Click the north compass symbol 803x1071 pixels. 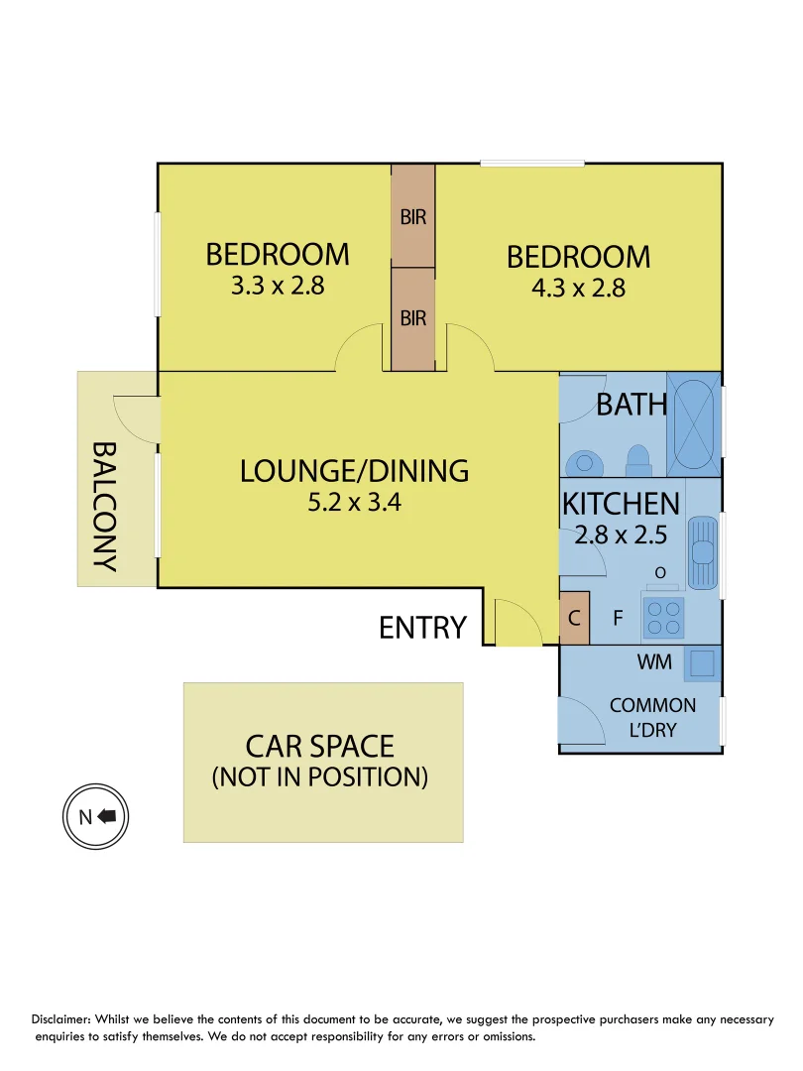pyautogui.click(x=96, y=816)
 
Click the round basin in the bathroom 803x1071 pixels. pyautogui.click(x=585, y=462)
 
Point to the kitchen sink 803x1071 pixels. pyautogui.click(x=703, y=552)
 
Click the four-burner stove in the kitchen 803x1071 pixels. pyautogui.click(x=662, y=620)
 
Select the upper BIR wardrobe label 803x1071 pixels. pyautogui.click(x=413, y=216)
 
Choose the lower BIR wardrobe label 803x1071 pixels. pyautogui.click(x=413, y=318)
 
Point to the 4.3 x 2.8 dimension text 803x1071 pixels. pyautogui.click(x=578, y=289)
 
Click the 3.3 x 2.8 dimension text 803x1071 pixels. pyautogui.click(x=278, y=286)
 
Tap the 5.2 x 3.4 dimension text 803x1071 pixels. pyautogui.click(x=354, y=502)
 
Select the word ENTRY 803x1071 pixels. pyautogui.click(x=422, y=628)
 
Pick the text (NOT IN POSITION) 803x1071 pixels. pyautogui.click(x=320, y=776)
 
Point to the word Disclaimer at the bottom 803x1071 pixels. pyautogui.click(x=68, y=1019)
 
